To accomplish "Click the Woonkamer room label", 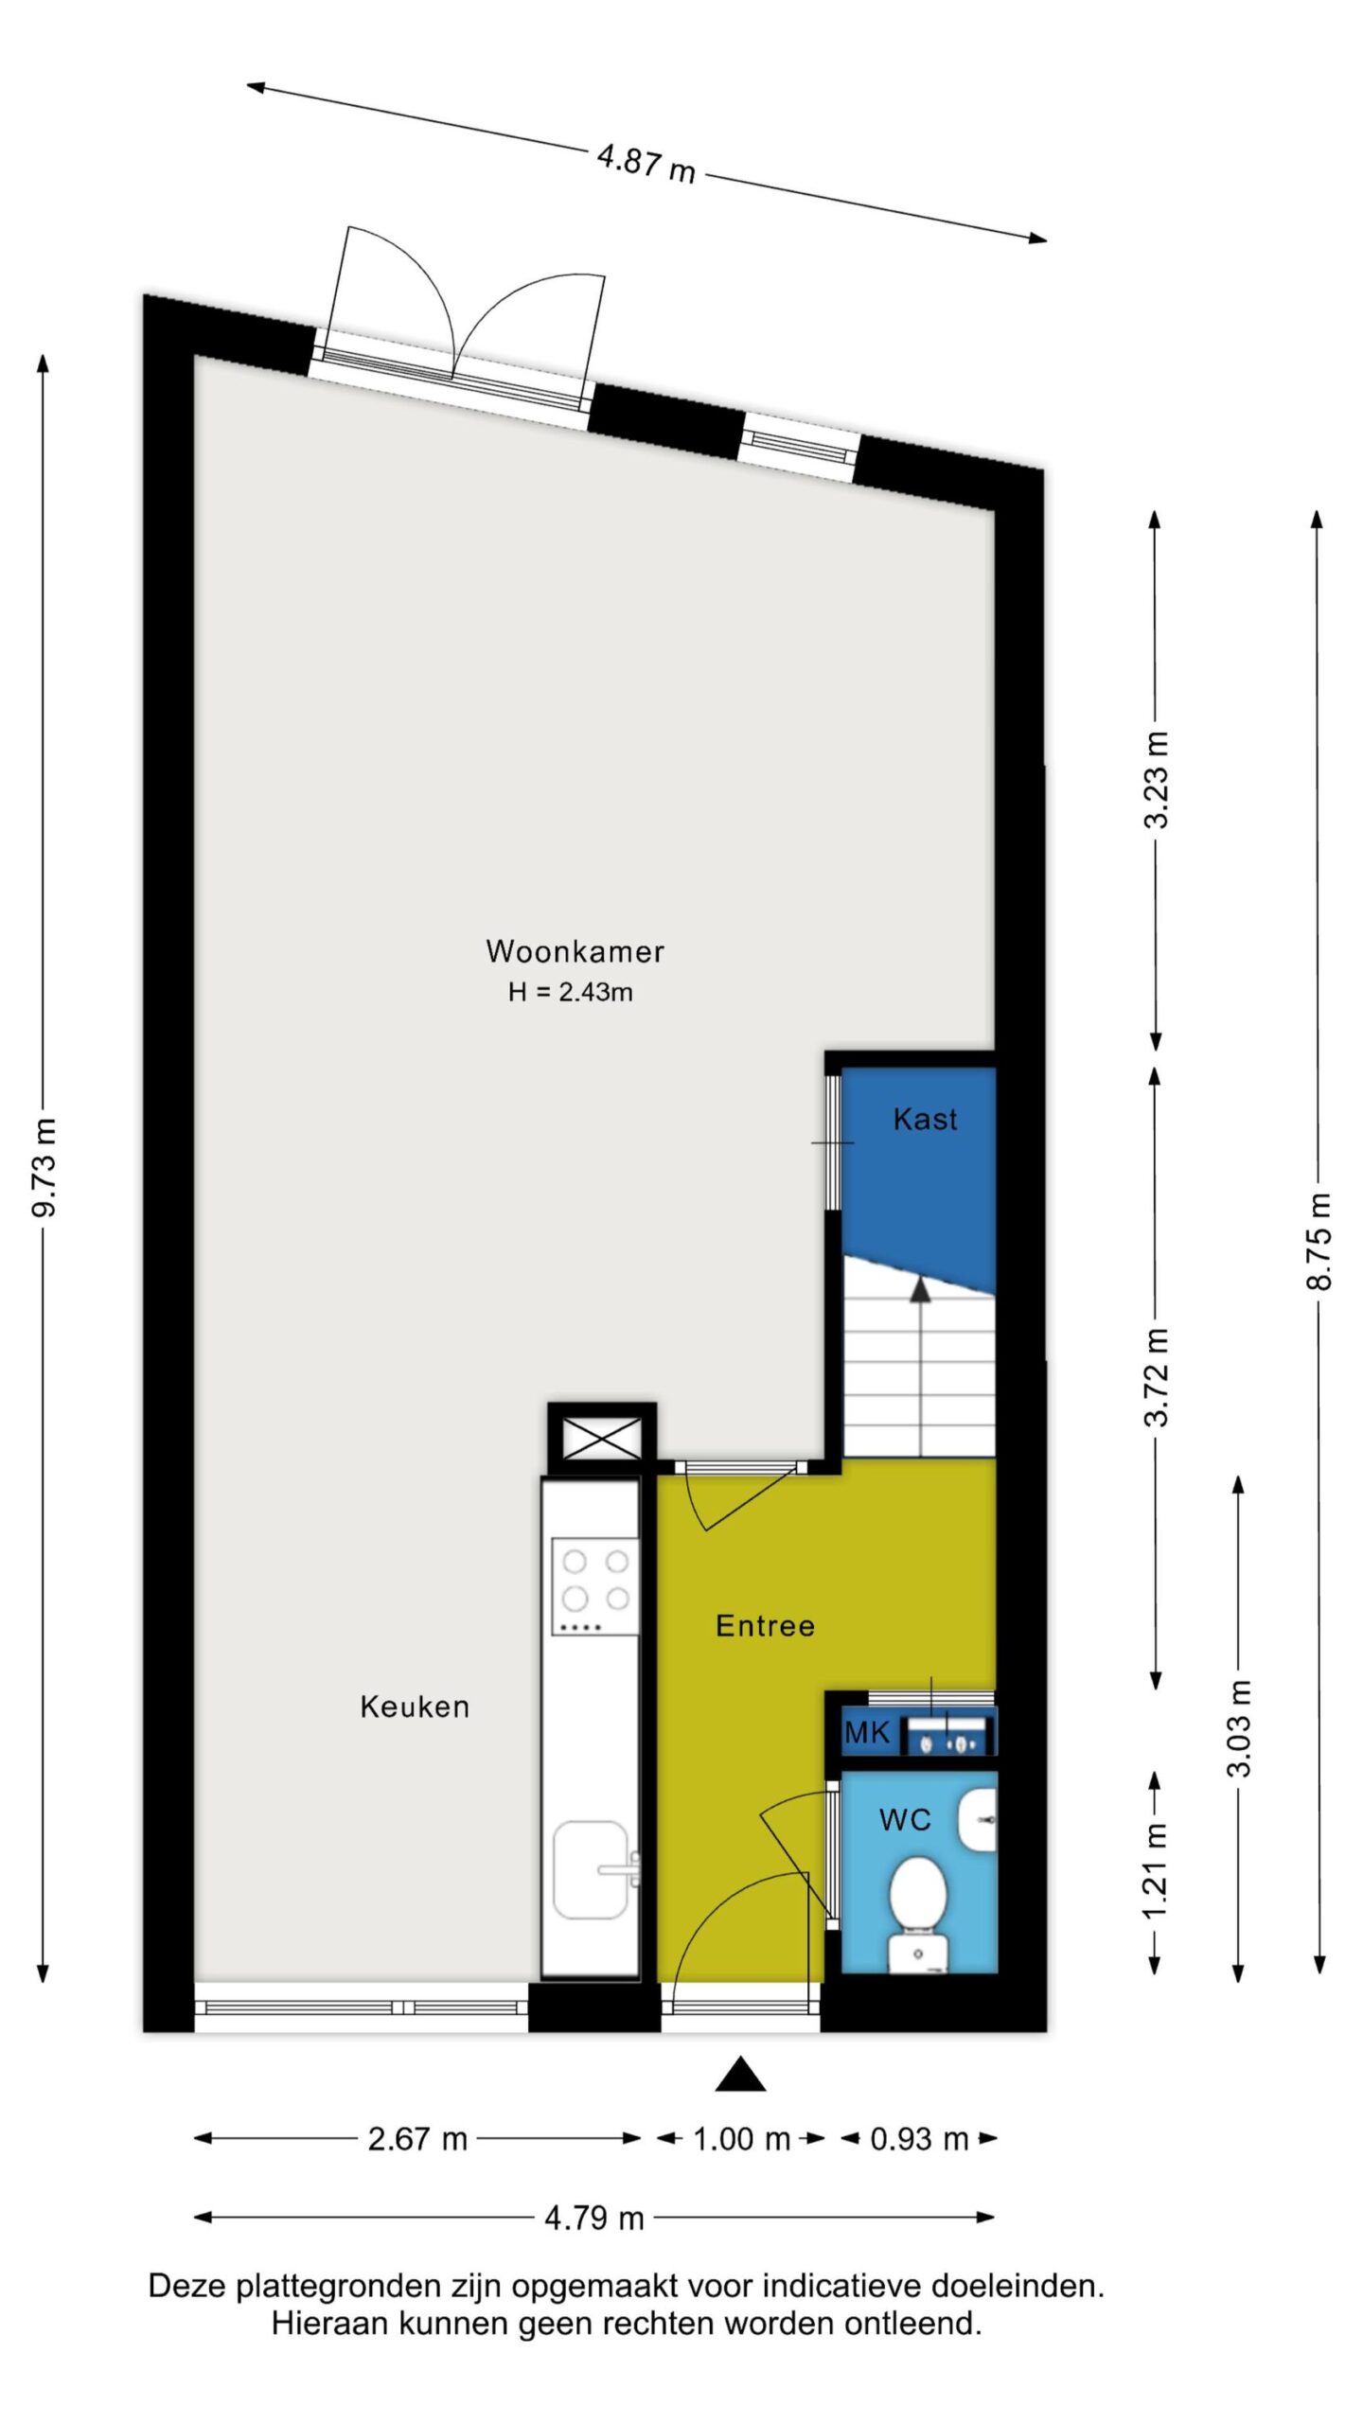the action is click(x=575, y=951).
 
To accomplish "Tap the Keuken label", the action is click(x=415, y=1707).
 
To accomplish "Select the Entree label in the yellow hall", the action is click(x=765, y=1626).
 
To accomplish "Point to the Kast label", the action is click(x=925, y=1120).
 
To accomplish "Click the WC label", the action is click(x=905, y=1819).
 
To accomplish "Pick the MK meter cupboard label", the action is click(x=867, y=1733).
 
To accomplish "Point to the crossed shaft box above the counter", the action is click(x=602, y=1439).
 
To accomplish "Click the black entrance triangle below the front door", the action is click(x=740, y=2074).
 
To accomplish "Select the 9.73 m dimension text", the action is click(x=44, y=1167).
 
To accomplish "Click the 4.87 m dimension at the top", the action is click(x=646, y=163).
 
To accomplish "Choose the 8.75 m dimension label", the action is click(x=1319, y=1241).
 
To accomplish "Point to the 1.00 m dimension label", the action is click(x=741, y=2139).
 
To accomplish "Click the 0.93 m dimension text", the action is click(x=919, y=2139).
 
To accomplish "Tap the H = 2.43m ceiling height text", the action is click(x=571, y=992).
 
